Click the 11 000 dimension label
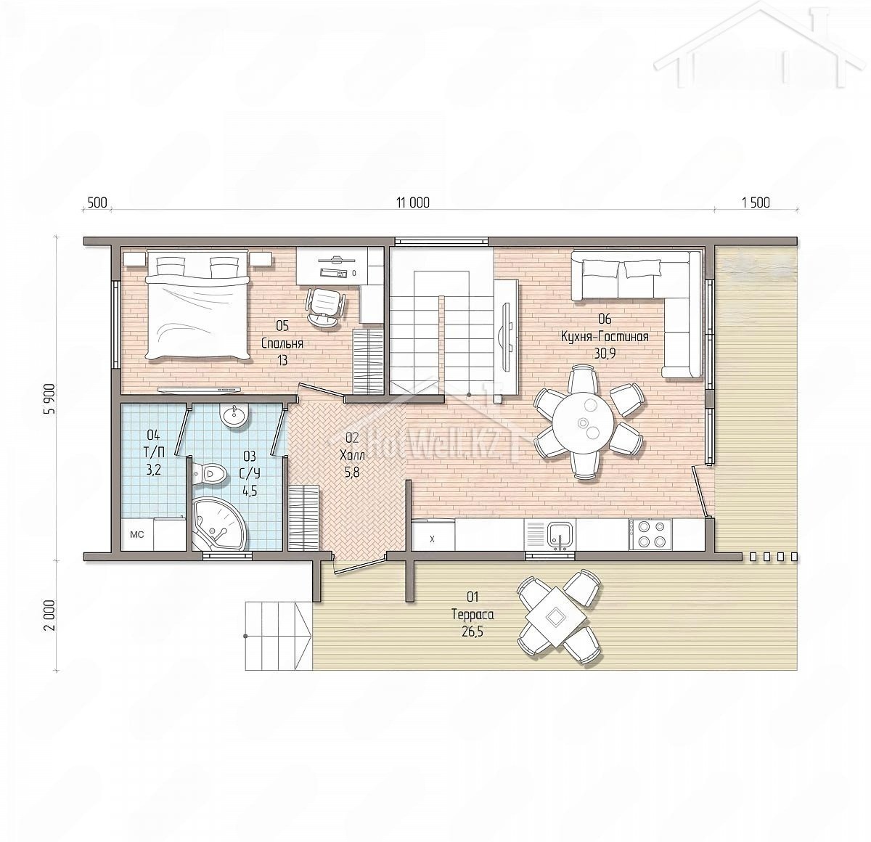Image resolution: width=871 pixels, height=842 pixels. click(x=413, y=203)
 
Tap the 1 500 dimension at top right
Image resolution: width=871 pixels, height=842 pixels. click(x=756, y=203)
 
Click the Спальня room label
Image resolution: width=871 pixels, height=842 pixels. click(x=282, y=343)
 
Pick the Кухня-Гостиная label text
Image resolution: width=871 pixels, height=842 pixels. click(x=605, y=336)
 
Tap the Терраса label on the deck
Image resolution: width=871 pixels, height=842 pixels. click(x=473, y=615)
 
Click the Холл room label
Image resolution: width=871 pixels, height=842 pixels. click(x=353, y=456)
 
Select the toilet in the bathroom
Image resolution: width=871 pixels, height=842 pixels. click(x=208, y=473)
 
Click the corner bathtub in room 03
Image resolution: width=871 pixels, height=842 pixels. click(x=217, y=524)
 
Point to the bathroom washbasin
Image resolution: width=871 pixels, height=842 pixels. click(x=234, y=415)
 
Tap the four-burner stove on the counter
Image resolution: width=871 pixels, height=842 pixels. click(x=650, y=534)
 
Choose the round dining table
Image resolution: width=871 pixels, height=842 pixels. click(x=582, y=422)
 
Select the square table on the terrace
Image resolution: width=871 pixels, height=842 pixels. click(x=556, y=618)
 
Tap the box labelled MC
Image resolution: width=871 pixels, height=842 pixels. click(x=137, y=534)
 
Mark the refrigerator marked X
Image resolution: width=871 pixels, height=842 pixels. click(x=433, y=534)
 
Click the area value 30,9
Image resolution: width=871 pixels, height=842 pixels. click(x=605, y=353)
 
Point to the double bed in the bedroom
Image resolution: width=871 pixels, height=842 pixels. click(x=197, y=306)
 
